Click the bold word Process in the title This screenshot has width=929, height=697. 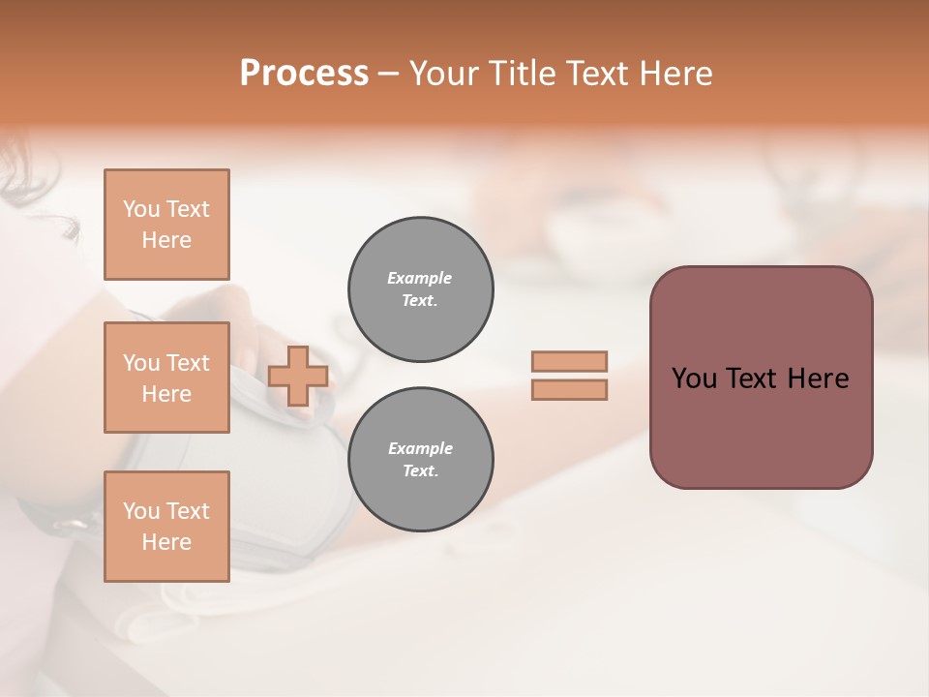point(304,74)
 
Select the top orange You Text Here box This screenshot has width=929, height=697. point(166,225)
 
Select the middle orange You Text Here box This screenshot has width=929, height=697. point(166,378)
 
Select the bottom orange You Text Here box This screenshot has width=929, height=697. point(166,527)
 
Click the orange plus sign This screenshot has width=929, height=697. point(297,376)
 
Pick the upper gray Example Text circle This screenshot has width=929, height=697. point(421,289)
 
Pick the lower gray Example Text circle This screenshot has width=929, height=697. point(421,460)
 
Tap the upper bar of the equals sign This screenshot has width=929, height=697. point(569,361)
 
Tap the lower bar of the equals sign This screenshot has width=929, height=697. point(569,389)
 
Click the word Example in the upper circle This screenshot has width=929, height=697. point(420,278)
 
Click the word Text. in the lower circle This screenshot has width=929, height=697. point(420,471)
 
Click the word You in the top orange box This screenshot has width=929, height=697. point(140,209)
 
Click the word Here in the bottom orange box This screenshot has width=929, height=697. point(166,542)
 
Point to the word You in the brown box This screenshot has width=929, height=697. point(695,379)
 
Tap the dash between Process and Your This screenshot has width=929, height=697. point(388,74)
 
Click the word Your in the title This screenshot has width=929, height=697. point(444,74)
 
